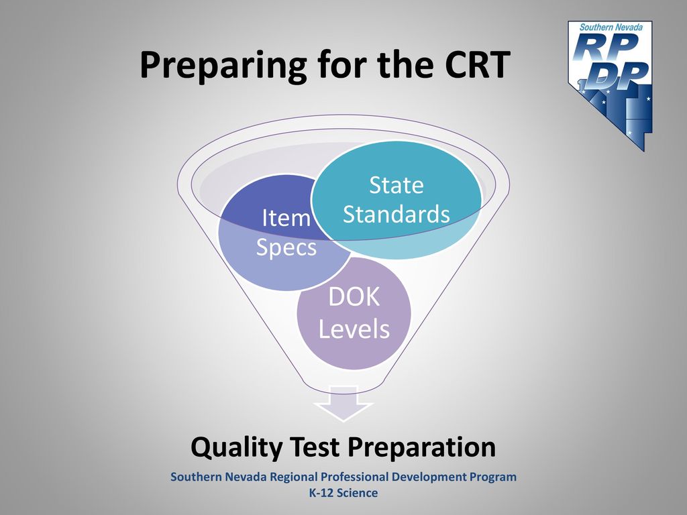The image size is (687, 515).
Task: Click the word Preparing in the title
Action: [223, 65]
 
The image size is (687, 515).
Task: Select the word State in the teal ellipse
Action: [396, 185]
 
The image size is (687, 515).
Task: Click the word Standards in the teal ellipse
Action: [396, 214]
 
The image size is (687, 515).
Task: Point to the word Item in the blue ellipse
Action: [286, 218]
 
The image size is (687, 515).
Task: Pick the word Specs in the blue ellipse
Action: [286, 248]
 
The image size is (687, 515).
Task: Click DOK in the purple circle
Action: [354, 297]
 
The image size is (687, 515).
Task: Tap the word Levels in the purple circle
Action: [354, 329]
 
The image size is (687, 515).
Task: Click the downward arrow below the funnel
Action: [343, 403]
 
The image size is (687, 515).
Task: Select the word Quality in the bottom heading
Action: [237, 448]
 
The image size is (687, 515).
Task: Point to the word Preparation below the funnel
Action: [421, 448]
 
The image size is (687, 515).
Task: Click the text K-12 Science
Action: [343, 493]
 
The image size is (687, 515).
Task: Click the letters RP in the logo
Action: [604, 47]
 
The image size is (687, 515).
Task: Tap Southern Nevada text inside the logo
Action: [611, 27]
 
